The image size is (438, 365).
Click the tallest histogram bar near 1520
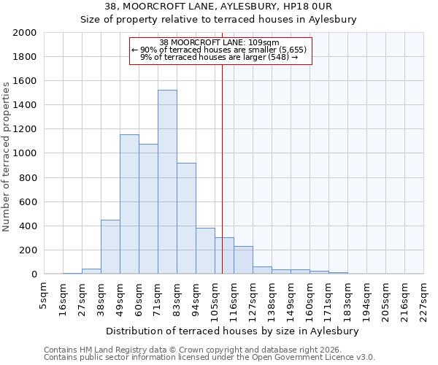coord(167,182)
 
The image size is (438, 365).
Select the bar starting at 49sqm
coord(129,204)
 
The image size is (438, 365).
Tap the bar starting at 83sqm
coord(186,218)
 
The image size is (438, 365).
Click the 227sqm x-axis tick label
coord(424,298)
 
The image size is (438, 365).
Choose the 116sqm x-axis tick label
coord(234,298)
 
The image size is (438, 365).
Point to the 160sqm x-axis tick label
coord(310,298)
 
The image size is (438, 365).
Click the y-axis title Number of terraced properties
coord(7,157)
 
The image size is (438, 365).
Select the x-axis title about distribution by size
coord(237,331)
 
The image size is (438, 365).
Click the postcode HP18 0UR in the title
coord(333,7)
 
